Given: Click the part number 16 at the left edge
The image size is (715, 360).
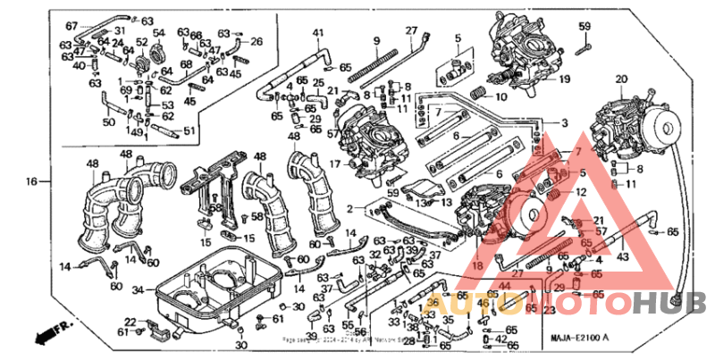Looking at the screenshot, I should click(31, 181).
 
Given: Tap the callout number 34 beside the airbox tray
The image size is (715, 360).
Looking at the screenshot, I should click(137, 289).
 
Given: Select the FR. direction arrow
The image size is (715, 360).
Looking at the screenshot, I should click(52, 336).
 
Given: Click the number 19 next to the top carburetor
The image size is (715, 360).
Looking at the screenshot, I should click(564, 79).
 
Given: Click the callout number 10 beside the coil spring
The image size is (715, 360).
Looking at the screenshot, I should click(501, 96).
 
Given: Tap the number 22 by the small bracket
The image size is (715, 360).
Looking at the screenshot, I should click(130, 322).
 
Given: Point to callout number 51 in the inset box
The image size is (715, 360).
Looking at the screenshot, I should click(189, 132).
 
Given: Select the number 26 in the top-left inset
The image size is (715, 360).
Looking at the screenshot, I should click(257, 41).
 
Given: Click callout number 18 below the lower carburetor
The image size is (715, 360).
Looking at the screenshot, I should click(477, 265).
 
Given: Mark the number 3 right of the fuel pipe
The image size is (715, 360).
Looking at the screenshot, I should click(564, 122).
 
